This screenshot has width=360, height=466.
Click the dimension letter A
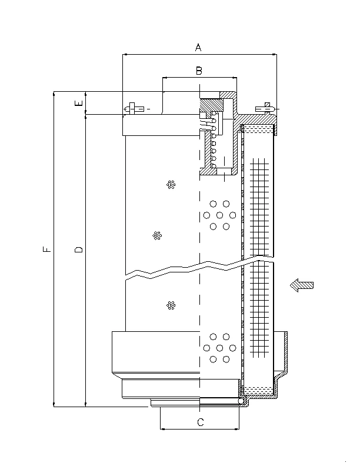point(198,47)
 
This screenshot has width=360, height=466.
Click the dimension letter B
point(199,71)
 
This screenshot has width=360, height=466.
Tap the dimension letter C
point(201,422)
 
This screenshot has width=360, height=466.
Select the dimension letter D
point(79,249)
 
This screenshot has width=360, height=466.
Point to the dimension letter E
point(79,103)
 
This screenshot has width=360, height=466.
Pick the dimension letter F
point(47,249)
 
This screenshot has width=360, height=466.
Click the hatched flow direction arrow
point(302,285)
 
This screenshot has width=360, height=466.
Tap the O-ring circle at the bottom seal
point(241,401)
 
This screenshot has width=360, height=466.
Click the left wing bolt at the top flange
point(134,109)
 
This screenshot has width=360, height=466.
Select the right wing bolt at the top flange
point(266,109)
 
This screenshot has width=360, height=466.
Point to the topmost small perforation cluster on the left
point(171,185)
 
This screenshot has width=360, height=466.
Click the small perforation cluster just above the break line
point(157,236)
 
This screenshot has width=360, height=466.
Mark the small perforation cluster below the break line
point(171,305)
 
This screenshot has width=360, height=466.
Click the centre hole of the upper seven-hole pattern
point(220,215)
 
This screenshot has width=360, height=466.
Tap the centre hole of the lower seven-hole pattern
point(220,348)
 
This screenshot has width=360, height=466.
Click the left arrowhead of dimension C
point(162,429)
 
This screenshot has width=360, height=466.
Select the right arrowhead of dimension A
point(274,54)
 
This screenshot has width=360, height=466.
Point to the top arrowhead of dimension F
point(54,94)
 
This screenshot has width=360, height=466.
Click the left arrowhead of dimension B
point(165,78)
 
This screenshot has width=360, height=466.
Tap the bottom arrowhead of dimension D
point(85,404)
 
